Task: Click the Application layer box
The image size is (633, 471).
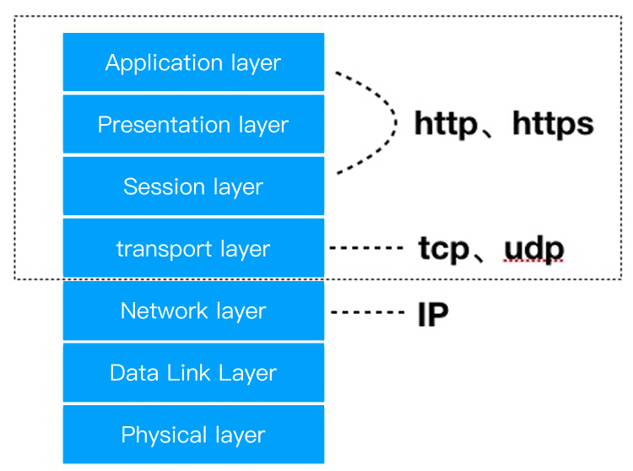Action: tap(193, 62)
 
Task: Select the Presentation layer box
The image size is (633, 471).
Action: tap(193, 124)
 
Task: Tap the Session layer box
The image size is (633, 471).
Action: tap(193, 187)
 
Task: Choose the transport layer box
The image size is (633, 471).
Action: tap(193, 249)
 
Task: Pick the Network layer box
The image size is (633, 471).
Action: tap(193, 311)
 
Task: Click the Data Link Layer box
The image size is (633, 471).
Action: tap(193, 373)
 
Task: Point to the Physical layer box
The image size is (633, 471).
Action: tap(193, 435)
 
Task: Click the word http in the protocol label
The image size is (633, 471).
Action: tap(445, 125)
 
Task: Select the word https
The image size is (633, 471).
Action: tap(553, 125)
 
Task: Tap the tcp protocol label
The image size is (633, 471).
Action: tap(443, 249)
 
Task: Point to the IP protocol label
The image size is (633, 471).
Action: tap(432, 314)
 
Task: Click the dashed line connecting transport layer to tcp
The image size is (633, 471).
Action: tap(366, 248)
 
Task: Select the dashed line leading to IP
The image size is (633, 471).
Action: tap(366, 312)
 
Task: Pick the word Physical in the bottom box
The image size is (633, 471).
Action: tap(158, 436)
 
